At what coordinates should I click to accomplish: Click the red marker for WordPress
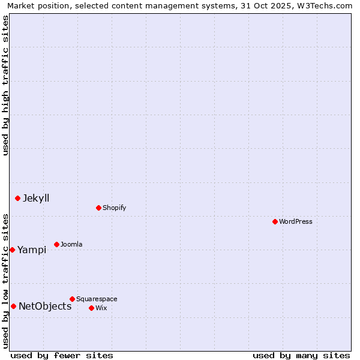[x=275, y=221]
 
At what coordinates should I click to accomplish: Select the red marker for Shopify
[x=98, y=208]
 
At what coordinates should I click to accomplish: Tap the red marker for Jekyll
[x=17, y=198]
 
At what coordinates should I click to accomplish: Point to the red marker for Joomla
[x=56, y=244]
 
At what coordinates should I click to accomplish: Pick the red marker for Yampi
[x=12, y=250]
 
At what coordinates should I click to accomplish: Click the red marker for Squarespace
[x=72, y=299]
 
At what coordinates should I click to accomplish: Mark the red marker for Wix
[x=91, y=308]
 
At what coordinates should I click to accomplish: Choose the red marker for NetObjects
[x=13, y=306]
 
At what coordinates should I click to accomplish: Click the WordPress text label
[x=296, y=221]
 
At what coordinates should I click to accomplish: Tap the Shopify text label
[x=114, y=208]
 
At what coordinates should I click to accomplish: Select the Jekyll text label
[x=36, y=198]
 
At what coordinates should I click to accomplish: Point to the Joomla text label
[x=71, y=244]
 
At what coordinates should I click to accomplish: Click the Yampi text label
[x=32, y=250]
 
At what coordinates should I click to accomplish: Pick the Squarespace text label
[x=97, y=299]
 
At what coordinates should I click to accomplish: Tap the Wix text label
[x=101, y=308]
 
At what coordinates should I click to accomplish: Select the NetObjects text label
[x=45, y=306]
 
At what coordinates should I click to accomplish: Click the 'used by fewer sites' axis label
[x=62, y=355]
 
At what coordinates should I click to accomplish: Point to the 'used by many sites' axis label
[x=301, y=355]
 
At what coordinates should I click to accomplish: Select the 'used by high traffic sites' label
[x=5, y=85]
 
